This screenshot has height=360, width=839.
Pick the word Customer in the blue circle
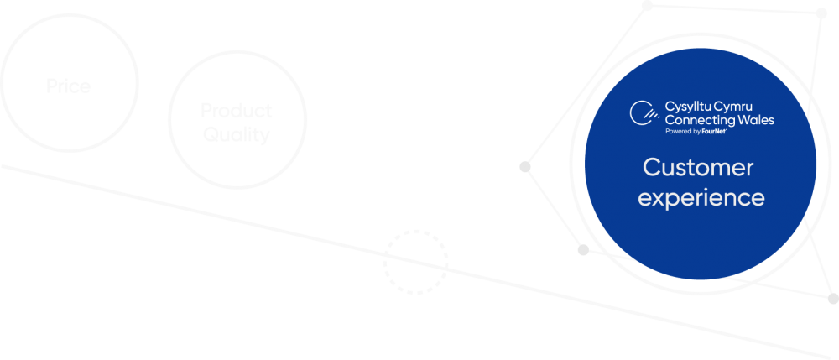(x=698, y=168)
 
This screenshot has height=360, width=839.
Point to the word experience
(x=701, y=199)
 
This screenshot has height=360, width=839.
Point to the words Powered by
(x=682, y=132)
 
